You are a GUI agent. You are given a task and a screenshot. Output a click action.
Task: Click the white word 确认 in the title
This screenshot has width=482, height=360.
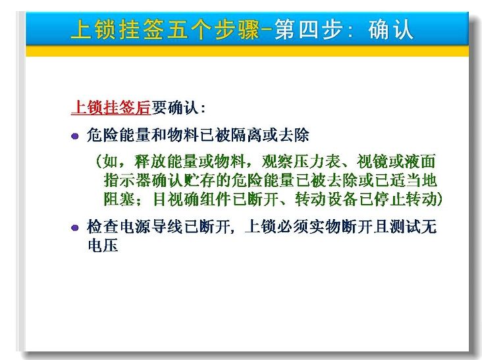(390, 30)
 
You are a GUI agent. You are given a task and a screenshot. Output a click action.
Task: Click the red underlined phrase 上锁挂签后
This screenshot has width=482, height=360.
(111, 107)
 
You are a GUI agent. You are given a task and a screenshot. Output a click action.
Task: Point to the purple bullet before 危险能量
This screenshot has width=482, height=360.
(74, 136)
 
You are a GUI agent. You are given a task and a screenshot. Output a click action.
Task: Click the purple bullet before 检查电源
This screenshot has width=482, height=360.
(74, 228)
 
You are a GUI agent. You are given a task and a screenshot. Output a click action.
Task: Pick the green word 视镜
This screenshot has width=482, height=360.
(373, 161)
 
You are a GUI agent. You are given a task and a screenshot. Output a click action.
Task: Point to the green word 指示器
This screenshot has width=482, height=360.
(128, 180)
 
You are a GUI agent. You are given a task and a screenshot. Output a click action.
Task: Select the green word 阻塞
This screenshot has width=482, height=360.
(119, 199)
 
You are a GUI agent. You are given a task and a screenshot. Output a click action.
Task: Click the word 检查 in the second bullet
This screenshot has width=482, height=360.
(103, 226)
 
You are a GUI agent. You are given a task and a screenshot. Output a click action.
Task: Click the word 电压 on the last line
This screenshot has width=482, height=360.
(103, 245)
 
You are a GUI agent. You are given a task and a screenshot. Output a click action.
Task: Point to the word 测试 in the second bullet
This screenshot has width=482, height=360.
(404, 226)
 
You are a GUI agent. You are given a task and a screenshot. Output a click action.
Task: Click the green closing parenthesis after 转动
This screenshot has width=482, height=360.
(440, 199)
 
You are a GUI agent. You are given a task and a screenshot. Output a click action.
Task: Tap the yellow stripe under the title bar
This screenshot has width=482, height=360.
(247, 51)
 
